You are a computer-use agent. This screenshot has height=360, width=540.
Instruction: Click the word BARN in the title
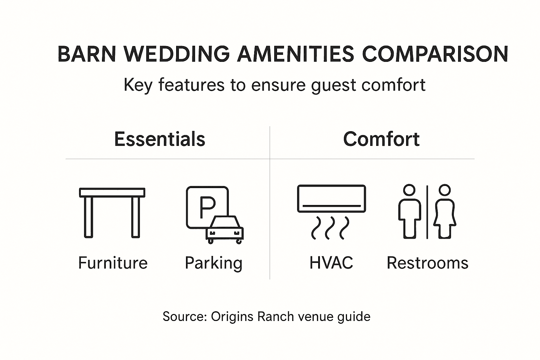(x=86, y=54)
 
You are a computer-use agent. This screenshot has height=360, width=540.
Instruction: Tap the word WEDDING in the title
(x=176, y=54)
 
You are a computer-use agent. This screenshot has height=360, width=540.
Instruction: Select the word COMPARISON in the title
(x=435, y=54)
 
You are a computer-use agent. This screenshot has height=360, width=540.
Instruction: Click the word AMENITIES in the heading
(x=296, y=54)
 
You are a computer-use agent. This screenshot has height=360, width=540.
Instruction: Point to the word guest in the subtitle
(x=333, y=85)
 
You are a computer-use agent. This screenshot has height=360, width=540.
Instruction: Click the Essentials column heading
(x=160, y=139)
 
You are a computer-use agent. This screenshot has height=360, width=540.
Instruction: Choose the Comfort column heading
(x=381, y=139)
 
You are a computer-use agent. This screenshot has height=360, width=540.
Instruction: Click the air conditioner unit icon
(x=332, y=199)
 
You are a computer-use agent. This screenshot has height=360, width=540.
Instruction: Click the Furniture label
(x=113, y=263)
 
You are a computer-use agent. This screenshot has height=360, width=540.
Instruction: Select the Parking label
(x=214, y=264)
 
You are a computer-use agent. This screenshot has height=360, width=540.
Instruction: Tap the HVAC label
(x=331, y=263)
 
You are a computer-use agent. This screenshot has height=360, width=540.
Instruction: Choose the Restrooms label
(x=427, y=263)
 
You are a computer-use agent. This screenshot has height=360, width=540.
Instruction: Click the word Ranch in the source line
(x=276, y=316)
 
